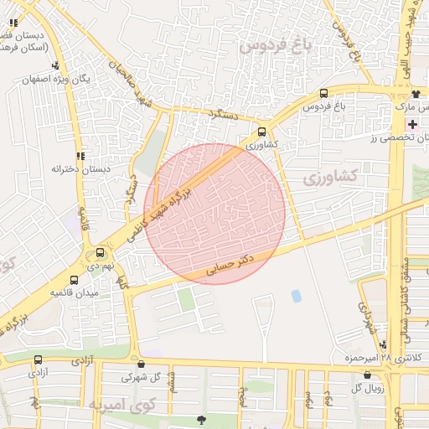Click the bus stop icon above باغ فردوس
tap(323, 95)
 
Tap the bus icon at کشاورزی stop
tap(262, 132)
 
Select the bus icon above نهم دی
tap(101, 251)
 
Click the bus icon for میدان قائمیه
tap(75, 281)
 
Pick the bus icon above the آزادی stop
tap(38, 360)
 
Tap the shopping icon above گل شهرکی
tap(140, 364)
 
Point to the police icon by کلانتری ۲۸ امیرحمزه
tap(383, 345)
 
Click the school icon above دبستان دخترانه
tap(80, 156)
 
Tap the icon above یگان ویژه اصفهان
tap(55, 65)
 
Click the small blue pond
tap(296, 296)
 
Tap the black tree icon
tap(199, 419)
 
